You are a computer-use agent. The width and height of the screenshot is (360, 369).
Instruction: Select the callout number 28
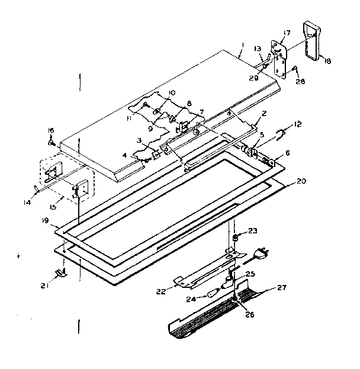pos(301,81)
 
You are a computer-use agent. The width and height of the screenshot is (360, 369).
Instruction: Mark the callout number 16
pos(50,130)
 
